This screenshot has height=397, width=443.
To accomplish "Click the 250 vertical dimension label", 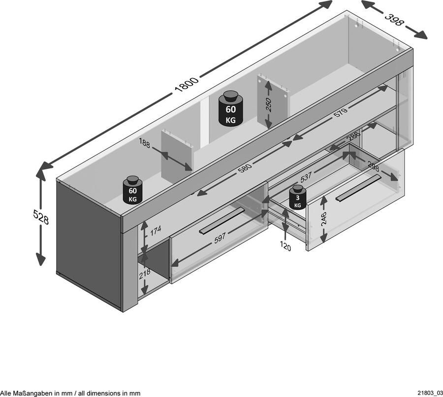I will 268,104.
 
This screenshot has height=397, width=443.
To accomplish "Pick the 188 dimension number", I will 144,143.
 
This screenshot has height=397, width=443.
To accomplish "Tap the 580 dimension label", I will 245,168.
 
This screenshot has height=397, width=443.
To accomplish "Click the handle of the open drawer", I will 358,188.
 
